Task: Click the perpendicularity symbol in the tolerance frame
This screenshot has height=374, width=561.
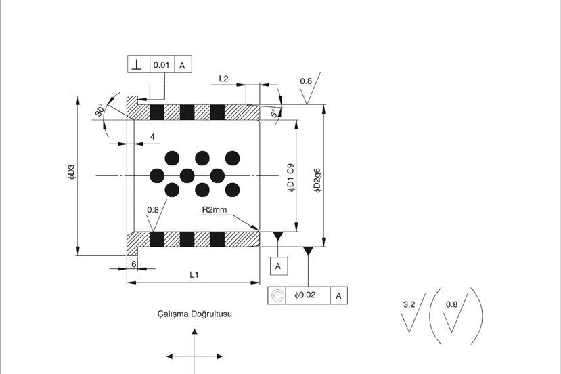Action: tap(136, 64)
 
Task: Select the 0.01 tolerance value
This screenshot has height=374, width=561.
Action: tap(161, 65)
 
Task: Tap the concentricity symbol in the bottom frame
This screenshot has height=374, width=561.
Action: tap(277, 295)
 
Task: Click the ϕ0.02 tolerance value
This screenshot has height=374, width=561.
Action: tap(305, 295)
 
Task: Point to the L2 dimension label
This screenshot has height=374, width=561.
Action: tap(223, 79)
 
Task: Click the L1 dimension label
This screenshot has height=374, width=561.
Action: tap(194, 275)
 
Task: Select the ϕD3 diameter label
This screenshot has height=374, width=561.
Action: tap(71, 171)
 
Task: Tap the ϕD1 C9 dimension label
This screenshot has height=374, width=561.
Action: tap(291, 178)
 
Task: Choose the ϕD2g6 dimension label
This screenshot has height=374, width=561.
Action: tap(317, 181)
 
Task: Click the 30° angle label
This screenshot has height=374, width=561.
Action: tap(100, 110)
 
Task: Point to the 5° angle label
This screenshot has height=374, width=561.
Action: tap(273, 113)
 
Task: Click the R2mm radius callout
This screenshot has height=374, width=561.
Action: tap(215, 209)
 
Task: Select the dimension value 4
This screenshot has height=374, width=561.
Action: tap(152, 137)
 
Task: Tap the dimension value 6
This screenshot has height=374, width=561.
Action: tap(134, 264)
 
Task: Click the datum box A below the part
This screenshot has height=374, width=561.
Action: tap(279, 266)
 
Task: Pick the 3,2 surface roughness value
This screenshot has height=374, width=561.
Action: tap(409, 304)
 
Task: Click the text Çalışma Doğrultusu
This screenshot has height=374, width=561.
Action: tap(195, 314)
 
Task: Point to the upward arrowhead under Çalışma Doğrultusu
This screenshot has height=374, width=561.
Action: tap(195, 331)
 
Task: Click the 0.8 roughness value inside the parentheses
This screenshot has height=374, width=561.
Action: tap(451, 304)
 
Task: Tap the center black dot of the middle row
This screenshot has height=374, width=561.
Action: tap(187, 176)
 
